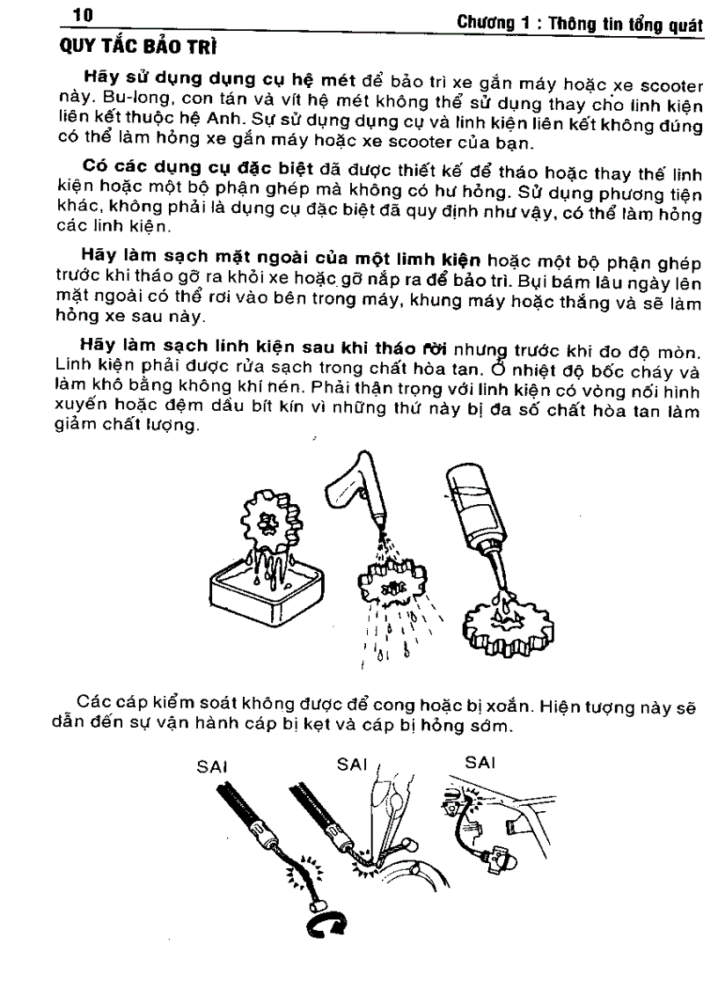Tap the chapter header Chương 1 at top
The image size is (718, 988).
point(495,25)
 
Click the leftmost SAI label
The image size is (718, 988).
point(211,765)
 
